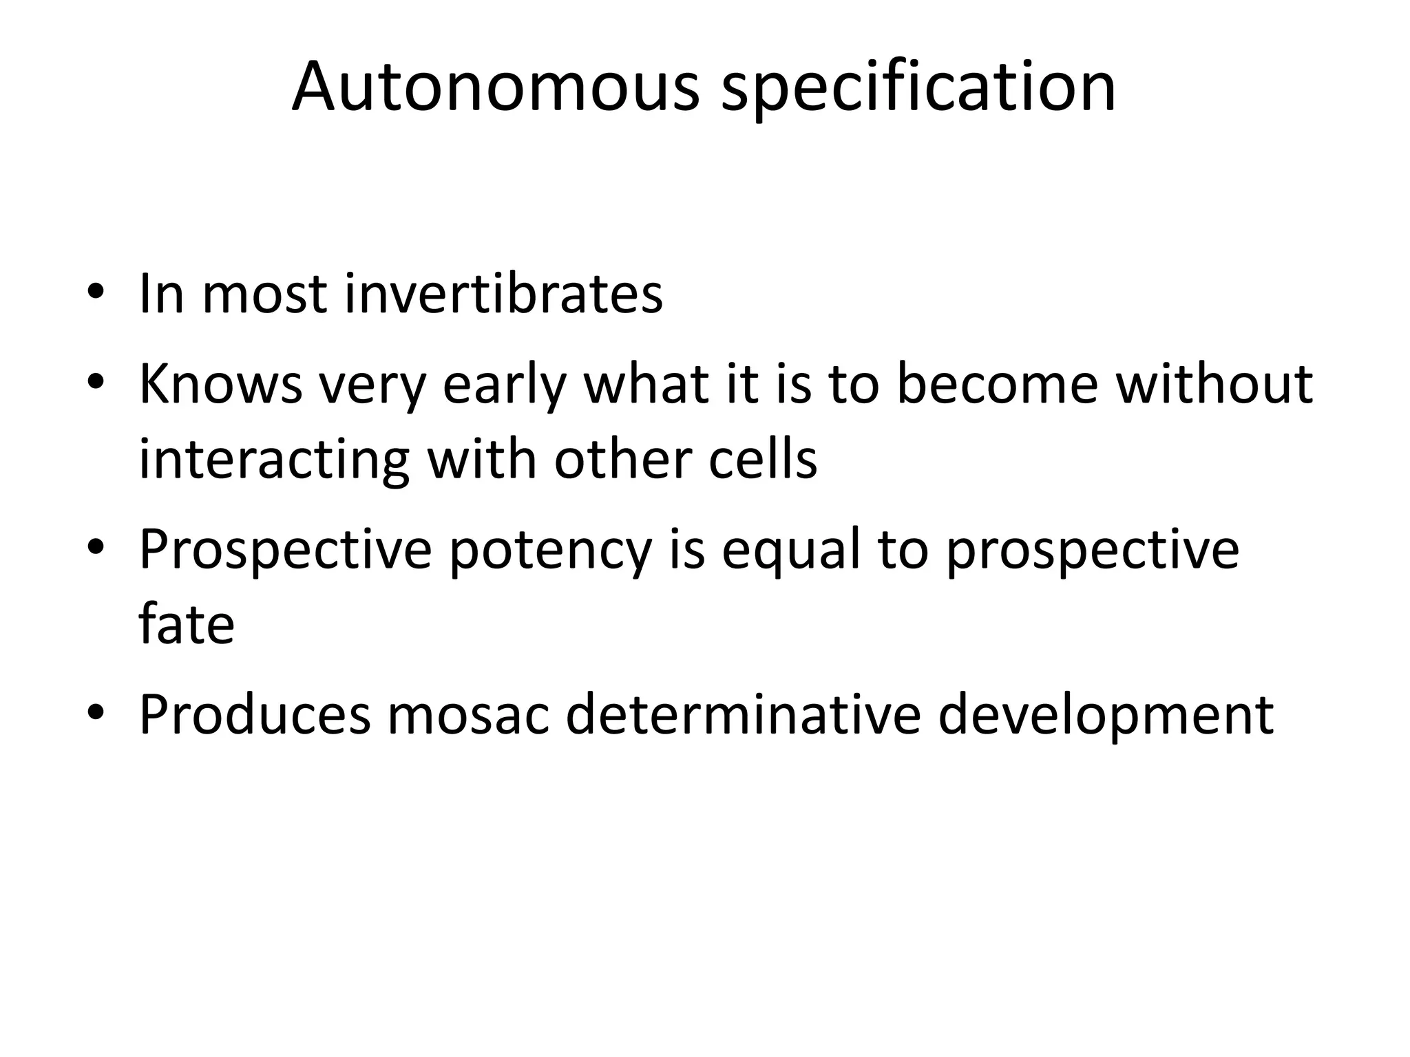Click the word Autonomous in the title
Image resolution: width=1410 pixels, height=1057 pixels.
click(495, 87)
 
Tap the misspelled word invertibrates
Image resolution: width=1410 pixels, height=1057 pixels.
click(503, 294)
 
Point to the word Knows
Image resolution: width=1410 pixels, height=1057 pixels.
click(220, 383)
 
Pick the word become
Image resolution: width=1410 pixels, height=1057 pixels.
click(998, 383)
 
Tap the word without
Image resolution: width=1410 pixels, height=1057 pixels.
click(1214, 383)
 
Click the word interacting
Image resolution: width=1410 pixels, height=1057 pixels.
click(274, 460)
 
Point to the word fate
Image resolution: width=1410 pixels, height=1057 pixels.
click(187, 624)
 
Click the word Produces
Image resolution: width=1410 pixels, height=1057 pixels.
click(254, 715)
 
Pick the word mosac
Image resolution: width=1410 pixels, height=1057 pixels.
click(468, 715)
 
